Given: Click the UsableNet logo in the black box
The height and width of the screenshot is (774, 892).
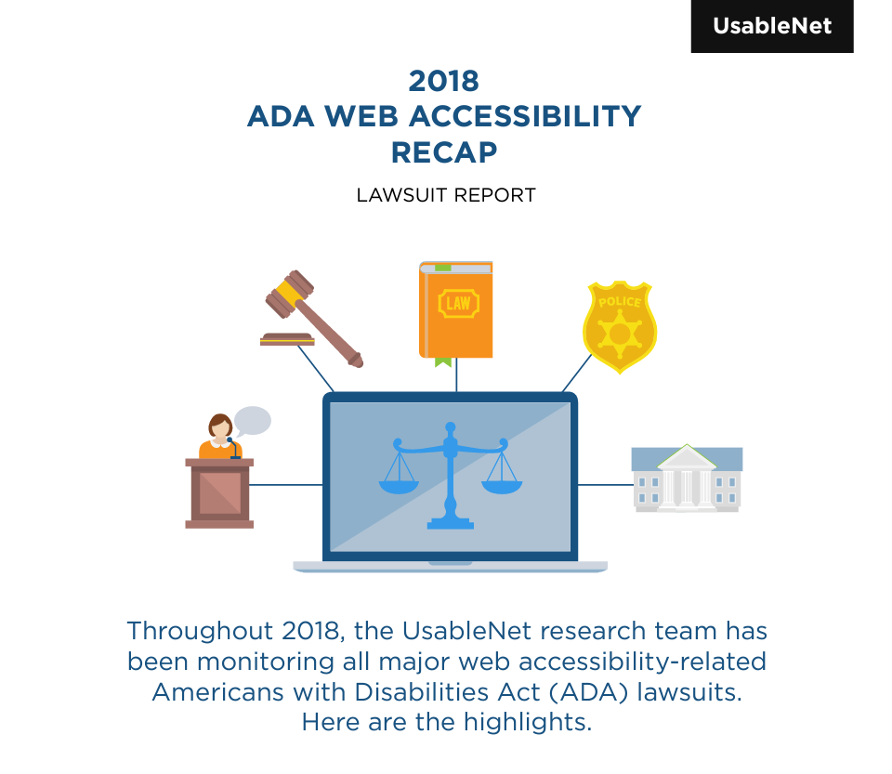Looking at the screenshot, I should point(771,26).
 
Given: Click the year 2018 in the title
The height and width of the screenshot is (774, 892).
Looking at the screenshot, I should point(444,81).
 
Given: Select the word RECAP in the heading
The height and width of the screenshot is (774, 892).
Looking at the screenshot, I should point(444,151).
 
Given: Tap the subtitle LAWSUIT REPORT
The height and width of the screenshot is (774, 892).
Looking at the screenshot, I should point(446,196).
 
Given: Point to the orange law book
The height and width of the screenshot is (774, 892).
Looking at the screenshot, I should point(456,309).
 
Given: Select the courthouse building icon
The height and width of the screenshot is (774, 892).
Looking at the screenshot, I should point(687,479).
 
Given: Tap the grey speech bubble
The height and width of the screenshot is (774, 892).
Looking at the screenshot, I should point(252,421).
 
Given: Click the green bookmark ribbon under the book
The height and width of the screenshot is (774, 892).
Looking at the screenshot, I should point(442,361).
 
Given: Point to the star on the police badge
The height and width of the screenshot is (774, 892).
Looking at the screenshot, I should point(619,333).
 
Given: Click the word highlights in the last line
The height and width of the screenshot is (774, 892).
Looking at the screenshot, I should point(534,722).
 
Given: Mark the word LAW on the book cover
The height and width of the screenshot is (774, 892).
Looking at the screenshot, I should point(458,303).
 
